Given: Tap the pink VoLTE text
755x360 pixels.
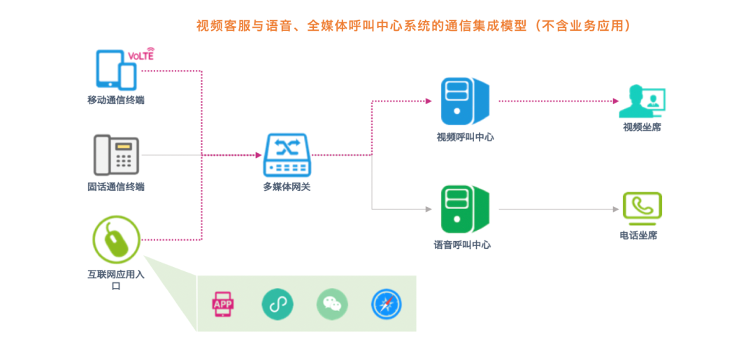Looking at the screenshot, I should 141,55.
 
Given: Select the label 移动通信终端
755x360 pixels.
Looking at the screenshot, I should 116,100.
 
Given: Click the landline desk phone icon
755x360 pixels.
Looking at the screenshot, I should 116,155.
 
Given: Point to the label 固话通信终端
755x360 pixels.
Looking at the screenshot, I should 116,187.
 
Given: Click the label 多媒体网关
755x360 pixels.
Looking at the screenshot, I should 287,187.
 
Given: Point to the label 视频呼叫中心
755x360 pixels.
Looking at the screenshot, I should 465,137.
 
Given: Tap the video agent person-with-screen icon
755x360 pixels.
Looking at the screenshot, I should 642,101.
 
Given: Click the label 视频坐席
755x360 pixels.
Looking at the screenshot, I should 642,127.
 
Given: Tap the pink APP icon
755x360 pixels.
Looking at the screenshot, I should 223,303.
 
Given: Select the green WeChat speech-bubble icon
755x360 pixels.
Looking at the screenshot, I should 332,303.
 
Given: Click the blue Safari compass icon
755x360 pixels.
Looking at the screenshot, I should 387,303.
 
